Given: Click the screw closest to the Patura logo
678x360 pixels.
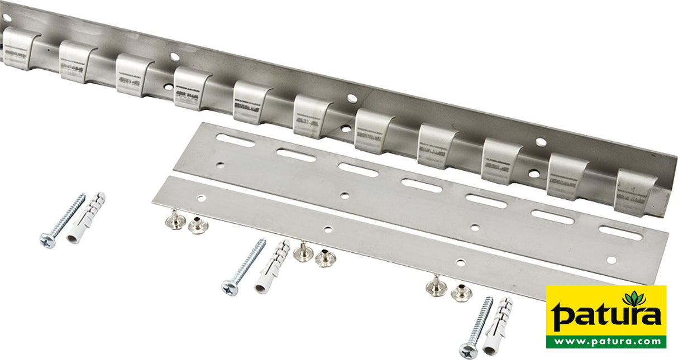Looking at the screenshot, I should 476,328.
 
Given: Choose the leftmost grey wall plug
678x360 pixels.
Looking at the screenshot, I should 85,218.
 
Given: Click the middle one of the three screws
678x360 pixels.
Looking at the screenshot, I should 243,267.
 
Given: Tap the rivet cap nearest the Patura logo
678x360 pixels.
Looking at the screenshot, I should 461,292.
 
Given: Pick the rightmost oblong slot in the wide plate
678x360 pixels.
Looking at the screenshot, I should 620,232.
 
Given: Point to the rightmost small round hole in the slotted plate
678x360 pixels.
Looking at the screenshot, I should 612,260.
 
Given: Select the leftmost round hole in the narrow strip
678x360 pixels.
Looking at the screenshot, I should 199,198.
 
